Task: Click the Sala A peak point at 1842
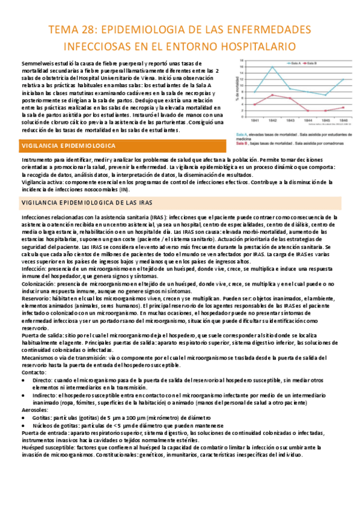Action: coord(273,67)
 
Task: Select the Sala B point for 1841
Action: coord(255,104)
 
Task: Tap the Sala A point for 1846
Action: coord(343,79)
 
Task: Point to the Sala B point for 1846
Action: coord(343,107)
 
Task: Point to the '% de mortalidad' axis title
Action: coord(240,90)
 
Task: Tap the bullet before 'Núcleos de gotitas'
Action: coord(24,425)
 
